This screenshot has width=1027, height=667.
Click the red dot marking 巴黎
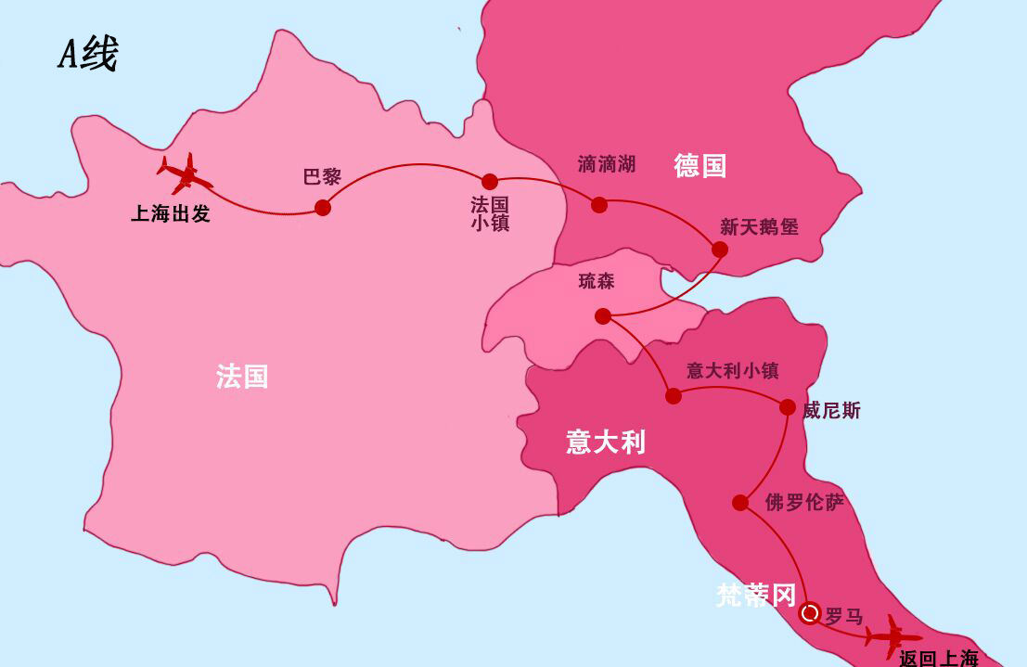323,208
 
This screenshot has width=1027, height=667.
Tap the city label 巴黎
323,177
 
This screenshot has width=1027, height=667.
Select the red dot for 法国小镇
490,181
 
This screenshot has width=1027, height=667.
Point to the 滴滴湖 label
607,164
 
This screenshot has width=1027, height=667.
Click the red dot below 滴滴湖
599,204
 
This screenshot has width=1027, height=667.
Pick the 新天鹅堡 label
759,226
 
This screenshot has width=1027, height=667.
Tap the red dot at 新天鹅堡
719,249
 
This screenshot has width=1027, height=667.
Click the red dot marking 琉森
603,316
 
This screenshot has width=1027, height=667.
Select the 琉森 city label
597,281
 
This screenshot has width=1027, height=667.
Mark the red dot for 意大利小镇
674,396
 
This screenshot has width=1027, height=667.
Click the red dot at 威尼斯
788,406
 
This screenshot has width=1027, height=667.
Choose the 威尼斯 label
831,410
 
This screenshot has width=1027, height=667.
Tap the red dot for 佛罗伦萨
740,503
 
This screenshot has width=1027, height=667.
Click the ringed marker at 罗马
809,613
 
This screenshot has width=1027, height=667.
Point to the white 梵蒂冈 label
756,596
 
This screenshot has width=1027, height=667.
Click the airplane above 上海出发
184,173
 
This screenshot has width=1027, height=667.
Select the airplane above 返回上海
892,636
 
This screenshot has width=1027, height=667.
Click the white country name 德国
700,166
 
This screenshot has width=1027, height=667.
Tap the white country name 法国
242,376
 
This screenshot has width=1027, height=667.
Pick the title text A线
88,56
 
